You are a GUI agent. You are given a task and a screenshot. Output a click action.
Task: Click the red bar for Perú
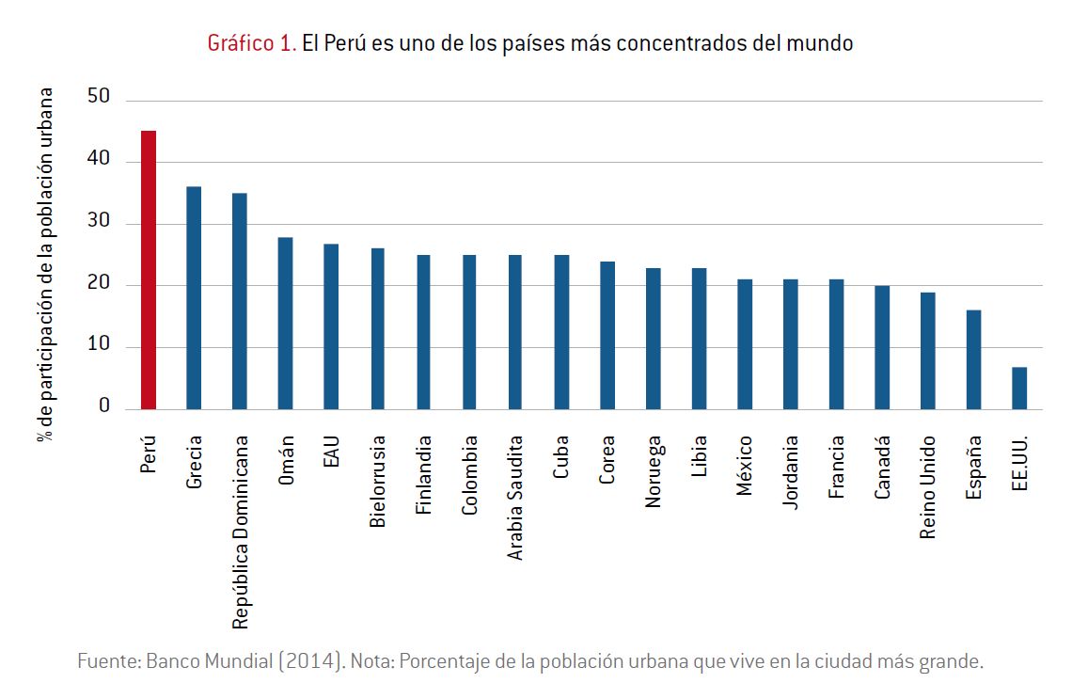click(x=148, y=270)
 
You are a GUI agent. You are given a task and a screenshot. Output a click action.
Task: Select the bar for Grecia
click(x=194, y=298)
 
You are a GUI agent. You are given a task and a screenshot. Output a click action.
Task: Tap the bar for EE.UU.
click(x=1019, y=388)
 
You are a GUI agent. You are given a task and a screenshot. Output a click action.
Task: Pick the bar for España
click(x=973, y=359)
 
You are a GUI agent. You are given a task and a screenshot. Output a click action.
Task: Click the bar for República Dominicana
click(x=240, y=301)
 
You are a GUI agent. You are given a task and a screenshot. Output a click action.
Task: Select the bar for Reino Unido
click(x=927, y=351)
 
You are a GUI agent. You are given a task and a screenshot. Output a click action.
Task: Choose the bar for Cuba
click(x=560, y=332)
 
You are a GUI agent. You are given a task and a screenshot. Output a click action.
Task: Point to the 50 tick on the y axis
click(x=98, y=96)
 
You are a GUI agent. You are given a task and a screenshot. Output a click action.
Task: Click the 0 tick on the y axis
click(x=104, y=406)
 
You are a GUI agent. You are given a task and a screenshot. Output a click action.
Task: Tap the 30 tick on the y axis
click(x=98, y=223)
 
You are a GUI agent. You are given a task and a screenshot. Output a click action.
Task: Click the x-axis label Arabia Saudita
click(x=515, y=497)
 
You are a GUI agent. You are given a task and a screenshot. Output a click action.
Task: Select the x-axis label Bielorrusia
click(x=377, y=480)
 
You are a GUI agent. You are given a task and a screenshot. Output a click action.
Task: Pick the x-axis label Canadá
click(x=882, y=467)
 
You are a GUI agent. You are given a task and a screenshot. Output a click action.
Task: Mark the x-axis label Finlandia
click(x=423, y=474)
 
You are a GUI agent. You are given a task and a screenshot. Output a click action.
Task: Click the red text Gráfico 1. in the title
click(x=251, y=43)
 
